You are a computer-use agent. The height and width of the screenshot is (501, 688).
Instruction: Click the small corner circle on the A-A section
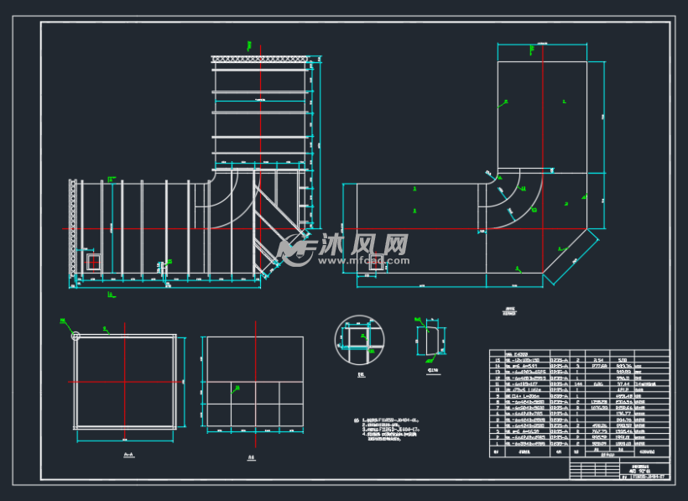click(76, 337)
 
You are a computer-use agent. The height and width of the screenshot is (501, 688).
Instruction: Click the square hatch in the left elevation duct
click(92, 262)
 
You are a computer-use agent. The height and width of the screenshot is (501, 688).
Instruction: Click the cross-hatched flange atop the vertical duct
click(262, 59)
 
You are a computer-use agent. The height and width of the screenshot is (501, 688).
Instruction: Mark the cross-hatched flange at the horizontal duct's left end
click(73, 227)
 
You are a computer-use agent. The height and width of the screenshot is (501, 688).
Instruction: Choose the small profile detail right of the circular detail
click(432, 342)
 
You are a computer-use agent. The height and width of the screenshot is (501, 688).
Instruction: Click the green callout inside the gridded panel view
click(238, 388)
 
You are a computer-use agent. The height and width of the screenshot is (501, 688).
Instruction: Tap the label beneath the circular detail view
click(360, 374)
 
